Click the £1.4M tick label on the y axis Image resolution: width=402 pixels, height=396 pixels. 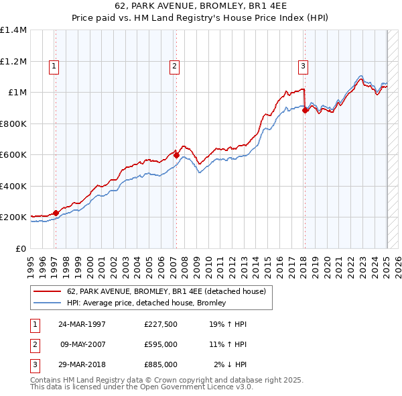point(13,30)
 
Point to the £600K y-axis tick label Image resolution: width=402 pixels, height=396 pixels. point(13,155)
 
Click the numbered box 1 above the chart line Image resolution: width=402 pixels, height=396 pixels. point(53,66)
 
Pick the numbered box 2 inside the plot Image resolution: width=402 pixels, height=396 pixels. point(174,66)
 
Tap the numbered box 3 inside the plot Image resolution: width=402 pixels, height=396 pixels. point(303,66)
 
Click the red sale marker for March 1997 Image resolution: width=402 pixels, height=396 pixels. point(56,213)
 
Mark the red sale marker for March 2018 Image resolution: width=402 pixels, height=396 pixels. point(305,111)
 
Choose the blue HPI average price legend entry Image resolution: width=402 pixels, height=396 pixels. point(146,303)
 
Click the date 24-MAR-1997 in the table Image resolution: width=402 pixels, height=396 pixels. point(82,324)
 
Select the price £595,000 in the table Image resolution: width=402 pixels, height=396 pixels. point(161,344)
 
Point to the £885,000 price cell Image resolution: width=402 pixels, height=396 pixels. point(161,364)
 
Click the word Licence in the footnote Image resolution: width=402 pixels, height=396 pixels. point(204,387)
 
